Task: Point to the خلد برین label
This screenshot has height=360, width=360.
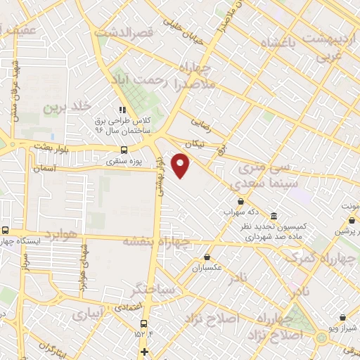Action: point(69,108)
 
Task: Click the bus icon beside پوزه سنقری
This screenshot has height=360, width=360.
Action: point(124,150)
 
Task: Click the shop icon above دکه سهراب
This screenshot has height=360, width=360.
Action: point(240,201)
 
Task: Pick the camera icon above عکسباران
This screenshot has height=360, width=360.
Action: point(206,257)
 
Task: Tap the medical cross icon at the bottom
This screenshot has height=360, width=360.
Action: point(145,352)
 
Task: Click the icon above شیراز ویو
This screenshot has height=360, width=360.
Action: point(342,318)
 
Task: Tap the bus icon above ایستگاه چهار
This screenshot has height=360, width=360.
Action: point(6,230)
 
